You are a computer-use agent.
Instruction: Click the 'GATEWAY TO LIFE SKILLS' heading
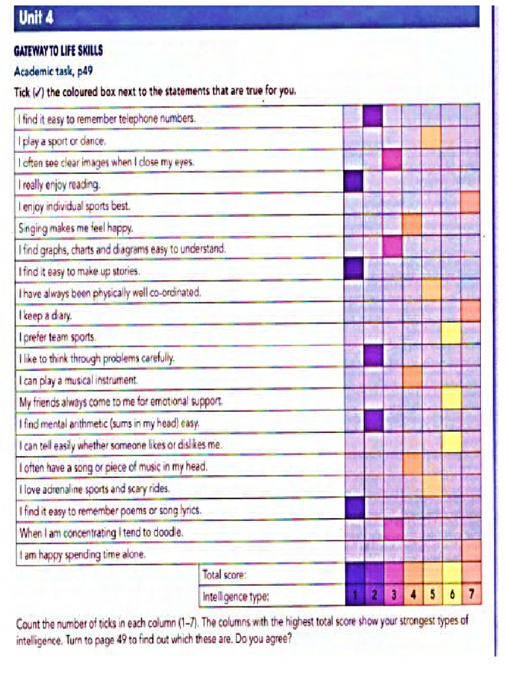pyautogui.click(x=59, y=51)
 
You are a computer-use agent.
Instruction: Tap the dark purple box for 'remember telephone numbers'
pyautogui.click(x=373, y=117)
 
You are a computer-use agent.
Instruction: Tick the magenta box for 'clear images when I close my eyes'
pyautogui.click(x=393, y=160)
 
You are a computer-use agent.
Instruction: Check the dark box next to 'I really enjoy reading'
pyautogui.click(x=353, y=181)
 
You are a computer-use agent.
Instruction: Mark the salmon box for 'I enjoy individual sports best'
pyautogui.click(x=470, y=202)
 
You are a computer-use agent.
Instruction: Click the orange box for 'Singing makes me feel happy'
pyautogui.click(x=412, y=225)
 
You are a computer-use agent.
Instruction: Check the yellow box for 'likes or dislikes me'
pyautogui.click(x=451, y=442)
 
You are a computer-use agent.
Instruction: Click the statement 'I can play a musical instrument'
pyautogui.click(x=78, y=380)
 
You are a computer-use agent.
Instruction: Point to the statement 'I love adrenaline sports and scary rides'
pyautogui.click(x=95, y=488)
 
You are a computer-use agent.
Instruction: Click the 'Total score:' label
pyautogui.click(x=225, y=575)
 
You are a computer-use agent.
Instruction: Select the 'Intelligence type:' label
pyautogui.click(x=236, y=597)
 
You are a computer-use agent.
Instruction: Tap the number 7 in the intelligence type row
pyautogui.click(x=470, y=595)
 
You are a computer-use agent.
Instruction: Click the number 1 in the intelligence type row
pyautogui.click(x=354, y=595)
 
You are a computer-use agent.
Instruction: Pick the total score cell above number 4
pyautogui.click(x=412, y=573)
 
